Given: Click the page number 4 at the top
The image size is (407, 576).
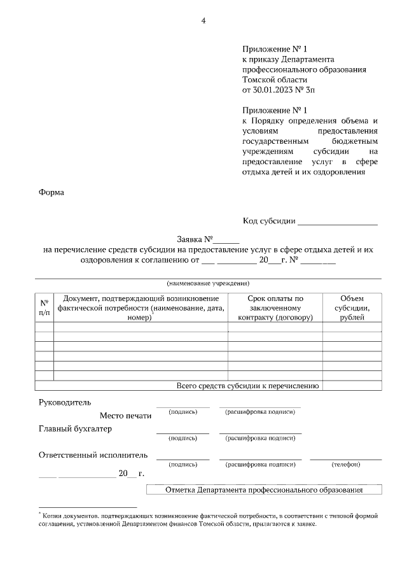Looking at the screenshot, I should (x=203, y=20).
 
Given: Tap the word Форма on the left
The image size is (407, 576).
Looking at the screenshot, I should (x=52, y=192).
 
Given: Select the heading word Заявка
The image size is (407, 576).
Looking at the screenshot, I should (x=190, y=239).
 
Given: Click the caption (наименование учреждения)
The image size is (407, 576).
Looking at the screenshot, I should (x=208, y=283).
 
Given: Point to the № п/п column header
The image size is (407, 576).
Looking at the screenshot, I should (x=44, y=307).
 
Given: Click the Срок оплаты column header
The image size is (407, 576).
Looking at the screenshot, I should (x=275, y=307).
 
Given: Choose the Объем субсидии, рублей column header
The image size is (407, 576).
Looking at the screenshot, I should (x=352, y=307).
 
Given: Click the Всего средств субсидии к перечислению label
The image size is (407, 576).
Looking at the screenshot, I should (x=249, y=385).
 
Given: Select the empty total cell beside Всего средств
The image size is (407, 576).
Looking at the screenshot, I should (x=352, y=385).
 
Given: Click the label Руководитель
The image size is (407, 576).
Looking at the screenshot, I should (x=65, y=402).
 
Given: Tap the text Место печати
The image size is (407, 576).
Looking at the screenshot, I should (x=125, y=416).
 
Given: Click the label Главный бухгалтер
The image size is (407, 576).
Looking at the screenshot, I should (x=75, y=429).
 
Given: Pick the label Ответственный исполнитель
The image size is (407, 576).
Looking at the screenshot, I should (x=93, y=455).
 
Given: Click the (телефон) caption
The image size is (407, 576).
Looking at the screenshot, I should (x=346, y=465).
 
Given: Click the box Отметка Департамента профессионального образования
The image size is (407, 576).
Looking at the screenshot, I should (x=264, y=490).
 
